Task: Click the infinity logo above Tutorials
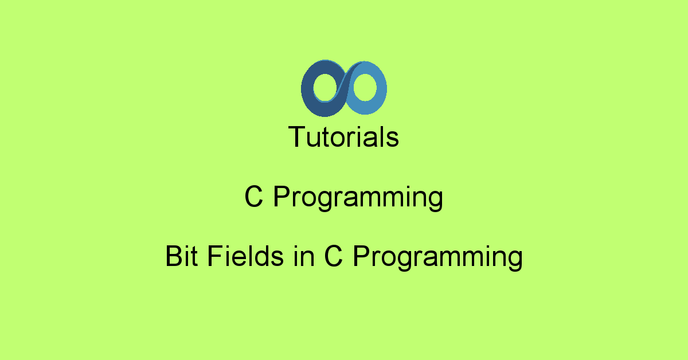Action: coord(343,88)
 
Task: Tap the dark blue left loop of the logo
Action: coord(307,89)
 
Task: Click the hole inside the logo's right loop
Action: coord(365,87)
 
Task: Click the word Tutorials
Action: coord(343,136)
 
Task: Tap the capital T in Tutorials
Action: coord(297,136)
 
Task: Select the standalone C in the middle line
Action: coord(253,197)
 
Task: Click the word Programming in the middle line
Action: coord(358,199)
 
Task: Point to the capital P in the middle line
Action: coord(282,197)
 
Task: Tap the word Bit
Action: coord(181,256)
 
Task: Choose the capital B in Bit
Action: coord(174,256)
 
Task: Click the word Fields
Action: coord(245,256)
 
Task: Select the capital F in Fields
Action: coord(216,256)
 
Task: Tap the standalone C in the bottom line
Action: coord(333,256)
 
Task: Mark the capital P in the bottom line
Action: coord(362,256)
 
